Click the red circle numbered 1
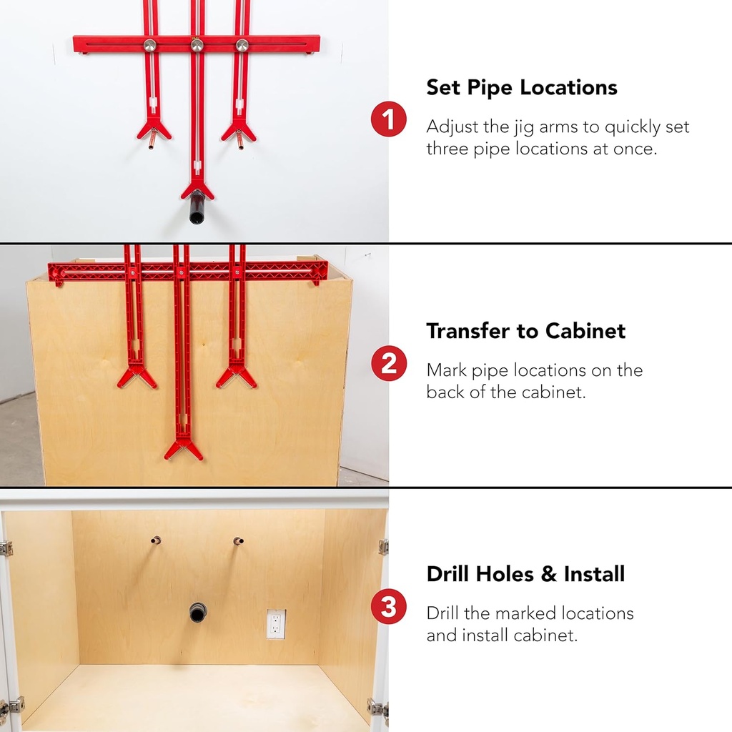(x=388, y=119)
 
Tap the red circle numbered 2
(x=388, y=365)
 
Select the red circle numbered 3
(x=388, y=608)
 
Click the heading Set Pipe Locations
(x=522, y=88)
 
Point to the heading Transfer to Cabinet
(x=525, y=331)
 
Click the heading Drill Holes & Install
(x=525, y=574)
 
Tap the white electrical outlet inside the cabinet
(x=276, y=623)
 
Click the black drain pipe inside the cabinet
(x=197, y=612)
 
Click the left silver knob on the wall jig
(x=150, y=45)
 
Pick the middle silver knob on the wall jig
(x=197, y=45)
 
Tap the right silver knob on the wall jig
(x=243, y=45)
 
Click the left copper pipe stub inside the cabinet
(x=155, y=540)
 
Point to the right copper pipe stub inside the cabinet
(x=238, y=542)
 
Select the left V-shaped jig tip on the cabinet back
(x=136, y=375)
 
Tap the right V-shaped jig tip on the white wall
(x=239, y=131)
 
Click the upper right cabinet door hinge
(x=383, y=547)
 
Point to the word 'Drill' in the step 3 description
(x=444, y=613)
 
